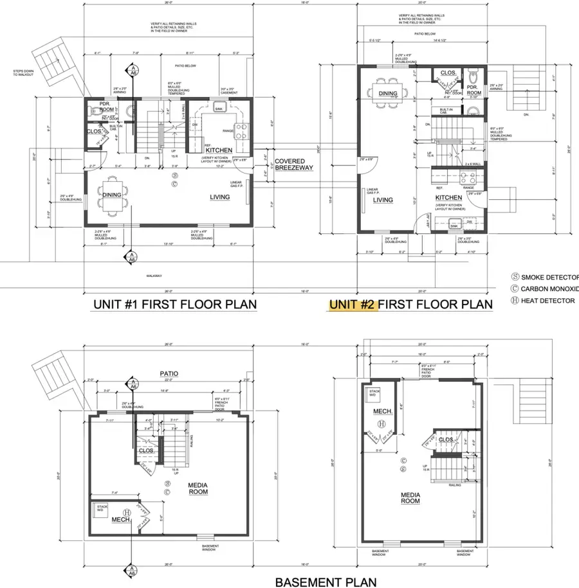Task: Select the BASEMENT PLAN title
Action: pyautogui.click(x=326, y=582)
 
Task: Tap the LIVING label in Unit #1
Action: pyautogui.click(x=219, y=197)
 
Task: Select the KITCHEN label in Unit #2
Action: pyautogui.click(x=448, y=197)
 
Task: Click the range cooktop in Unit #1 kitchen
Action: pyautogui.click(x=241, y=132)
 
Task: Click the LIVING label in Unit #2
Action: pyautogui.click(x=383, y=200)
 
